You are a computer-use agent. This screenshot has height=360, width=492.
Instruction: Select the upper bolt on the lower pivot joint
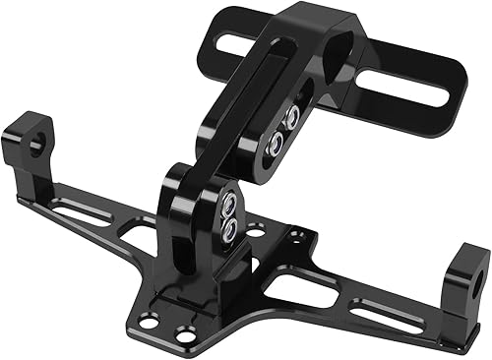[227, 205]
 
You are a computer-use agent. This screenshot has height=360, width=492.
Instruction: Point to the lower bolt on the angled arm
[277, 144]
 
